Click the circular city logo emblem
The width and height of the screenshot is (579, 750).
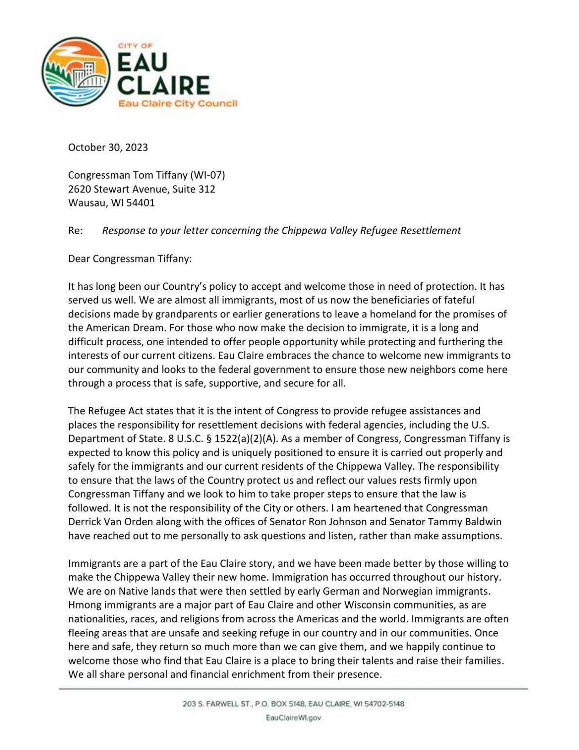(x=76, y=72)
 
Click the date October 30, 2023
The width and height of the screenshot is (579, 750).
(x=108, y=147)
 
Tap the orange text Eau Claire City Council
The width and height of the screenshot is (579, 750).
(x=178, y=104)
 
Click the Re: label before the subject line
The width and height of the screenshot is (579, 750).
(x=76, y=230)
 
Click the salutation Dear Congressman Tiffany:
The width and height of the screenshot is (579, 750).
(x=130, y=259)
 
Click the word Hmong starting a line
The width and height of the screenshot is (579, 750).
(x=82, y=605)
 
